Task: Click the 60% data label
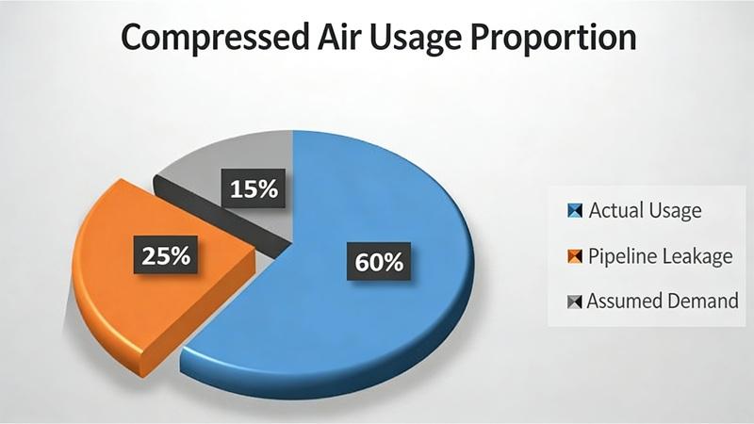pyautogui.click(x=379, y=261)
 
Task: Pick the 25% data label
pyautogui.click(x=166, y=254)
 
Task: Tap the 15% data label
pyautogui.click(x=254, y=188)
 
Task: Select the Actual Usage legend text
pyautogui.click(x=645, y=210)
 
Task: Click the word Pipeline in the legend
pyautogui.click(x=618, y=256)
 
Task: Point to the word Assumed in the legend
pyautogui.click(x=623, y=302)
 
